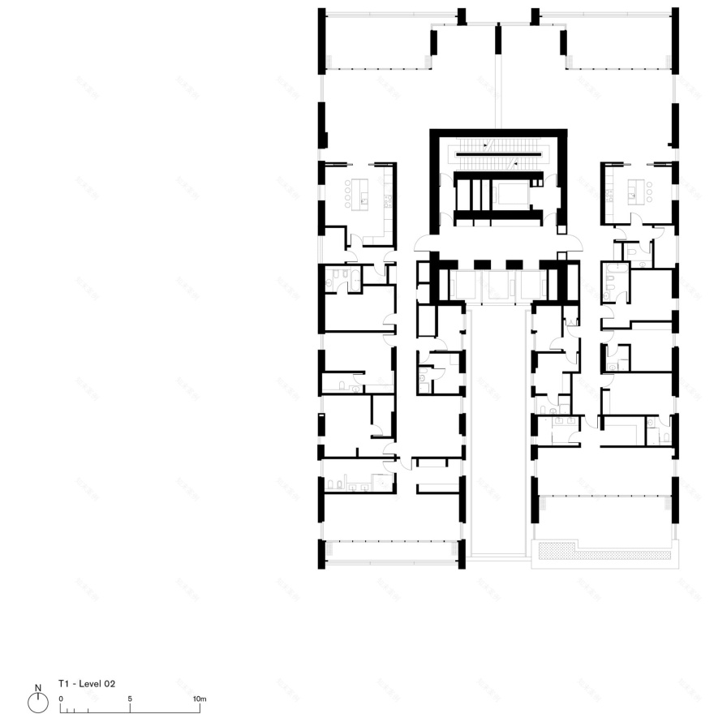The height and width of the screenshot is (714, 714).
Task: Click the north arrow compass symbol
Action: tap(38, 702)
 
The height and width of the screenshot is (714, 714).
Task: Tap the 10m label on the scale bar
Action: tap(200, 699)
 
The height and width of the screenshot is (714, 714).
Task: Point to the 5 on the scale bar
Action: tap(130, 699)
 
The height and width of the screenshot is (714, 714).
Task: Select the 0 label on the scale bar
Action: tap(61, 699)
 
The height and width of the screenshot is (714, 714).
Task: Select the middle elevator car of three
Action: tap(497, 284)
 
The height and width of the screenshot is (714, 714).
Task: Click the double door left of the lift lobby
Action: tap(425, 243)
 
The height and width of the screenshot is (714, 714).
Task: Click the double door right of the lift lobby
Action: tap(570, 243)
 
